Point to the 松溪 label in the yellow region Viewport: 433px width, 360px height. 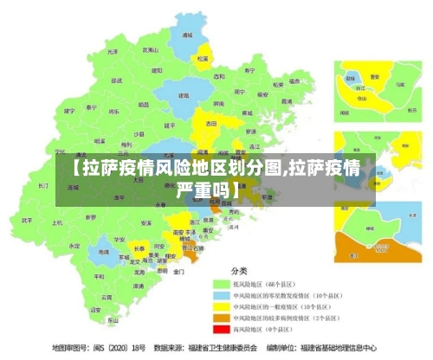pos(203,59)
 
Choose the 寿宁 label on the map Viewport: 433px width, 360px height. pos(250,70)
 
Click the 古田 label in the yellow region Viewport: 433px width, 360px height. pos(210,124)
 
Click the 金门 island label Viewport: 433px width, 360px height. pos(178,271)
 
